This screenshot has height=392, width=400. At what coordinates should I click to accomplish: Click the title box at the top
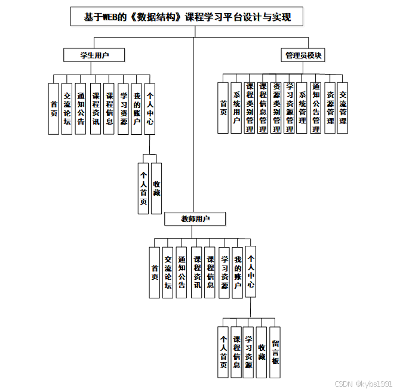187,17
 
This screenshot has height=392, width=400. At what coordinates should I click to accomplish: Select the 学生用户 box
94,55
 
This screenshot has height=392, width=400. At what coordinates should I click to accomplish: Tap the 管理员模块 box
303,55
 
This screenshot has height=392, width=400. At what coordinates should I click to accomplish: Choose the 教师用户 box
195,219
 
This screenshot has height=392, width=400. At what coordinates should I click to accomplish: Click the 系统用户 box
236,107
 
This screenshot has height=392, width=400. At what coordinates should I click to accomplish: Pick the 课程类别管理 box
250,107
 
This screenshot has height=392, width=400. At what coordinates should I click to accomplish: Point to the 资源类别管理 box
276,107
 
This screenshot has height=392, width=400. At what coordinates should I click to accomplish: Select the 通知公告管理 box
316,107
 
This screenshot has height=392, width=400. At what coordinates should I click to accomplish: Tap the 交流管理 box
343,107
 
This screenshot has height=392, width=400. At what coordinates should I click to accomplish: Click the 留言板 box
275,352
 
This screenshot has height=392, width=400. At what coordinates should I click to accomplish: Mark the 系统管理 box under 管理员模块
302,107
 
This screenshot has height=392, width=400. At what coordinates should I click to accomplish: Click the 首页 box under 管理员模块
223,107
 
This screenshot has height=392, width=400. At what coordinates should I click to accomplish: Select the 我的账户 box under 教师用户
237,272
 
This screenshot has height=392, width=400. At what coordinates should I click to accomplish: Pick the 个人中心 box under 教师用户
251,272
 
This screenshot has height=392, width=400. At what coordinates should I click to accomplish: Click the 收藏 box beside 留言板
261,352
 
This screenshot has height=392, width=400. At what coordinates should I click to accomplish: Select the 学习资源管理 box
289,107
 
